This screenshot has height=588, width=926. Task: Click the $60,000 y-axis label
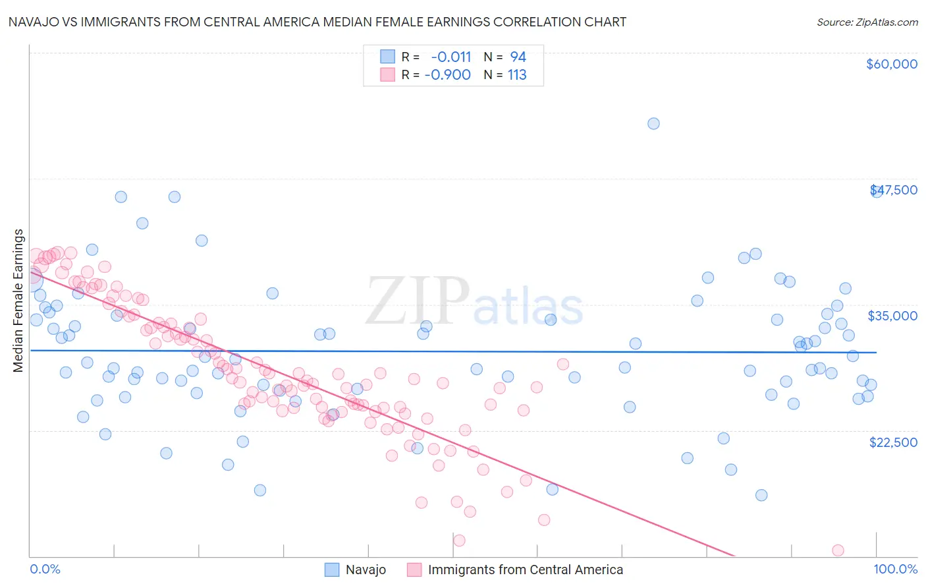pos(891,64)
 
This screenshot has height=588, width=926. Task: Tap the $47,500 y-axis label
pos(894,190)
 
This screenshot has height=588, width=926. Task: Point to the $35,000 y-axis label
pos(892,316)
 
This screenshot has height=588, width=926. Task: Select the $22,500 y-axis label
pos(893,442)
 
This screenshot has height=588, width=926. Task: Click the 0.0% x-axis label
pos(45,569)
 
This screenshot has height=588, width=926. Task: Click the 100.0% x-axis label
pos(895,569)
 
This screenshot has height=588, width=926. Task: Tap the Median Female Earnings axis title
pos(18,301)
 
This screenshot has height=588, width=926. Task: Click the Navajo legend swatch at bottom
pos(332,570)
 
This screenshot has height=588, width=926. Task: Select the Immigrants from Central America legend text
pos(525,570)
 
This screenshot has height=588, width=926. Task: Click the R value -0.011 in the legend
pos(451,57)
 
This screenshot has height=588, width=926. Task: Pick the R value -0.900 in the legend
pos(448,75)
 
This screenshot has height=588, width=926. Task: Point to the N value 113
pos(517,75)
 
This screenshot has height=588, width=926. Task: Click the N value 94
pos(518,57)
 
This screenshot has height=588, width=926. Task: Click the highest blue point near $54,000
pos(653,123)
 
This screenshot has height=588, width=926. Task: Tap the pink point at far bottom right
pos(838,550)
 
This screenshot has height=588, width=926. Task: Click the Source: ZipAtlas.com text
pos(867,22)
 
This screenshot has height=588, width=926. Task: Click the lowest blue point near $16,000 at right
pos(761,495)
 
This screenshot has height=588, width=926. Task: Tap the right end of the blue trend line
pos(876,353)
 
